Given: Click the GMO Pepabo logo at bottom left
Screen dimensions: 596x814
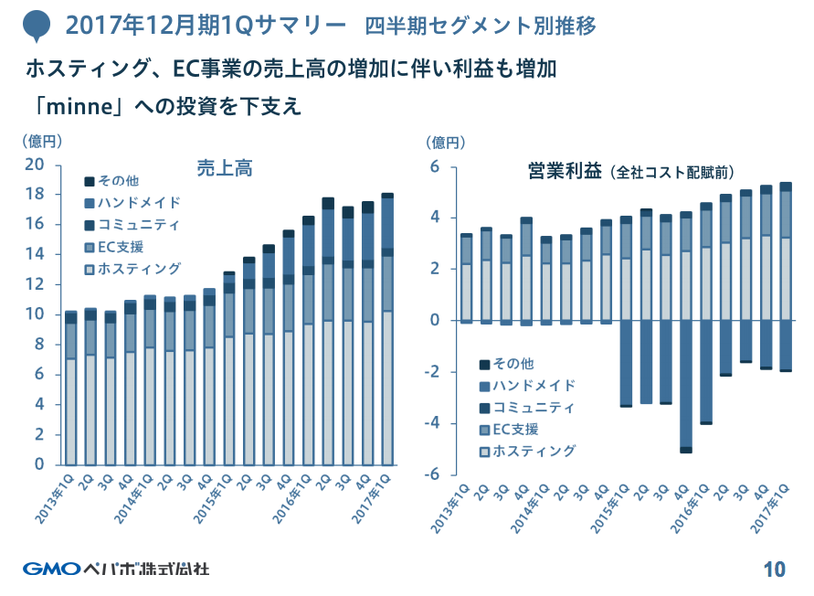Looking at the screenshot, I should [x=116, y=568].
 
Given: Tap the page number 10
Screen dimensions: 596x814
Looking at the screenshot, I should [x=774, y=569].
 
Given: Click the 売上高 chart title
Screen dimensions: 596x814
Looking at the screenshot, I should [x=225, y=168].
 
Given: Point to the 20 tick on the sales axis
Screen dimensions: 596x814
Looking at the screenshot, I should [x=35, y=165].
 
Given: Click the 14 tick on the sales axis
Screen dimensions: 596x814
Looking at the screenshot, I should [x=35, y=254].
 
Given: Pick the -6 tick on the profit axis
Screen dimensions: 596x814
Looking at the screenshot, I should [x=434, y=474].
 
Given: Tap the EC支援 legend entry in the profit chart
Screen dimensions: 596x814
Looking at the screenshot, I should [x=515, y=430].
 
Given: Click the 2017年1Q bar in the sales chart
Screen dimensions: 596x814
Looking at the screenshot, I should [x=386, y=329].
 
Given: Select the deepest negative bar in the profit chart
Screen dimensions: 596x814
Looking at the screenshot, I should [x=685, y=384].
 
